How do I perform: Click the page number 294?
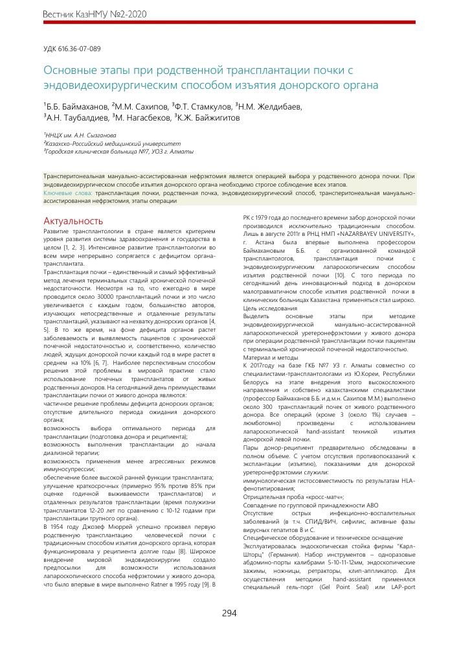tap(229, 613)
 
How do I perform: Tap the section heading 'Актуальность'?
tap(73, 221)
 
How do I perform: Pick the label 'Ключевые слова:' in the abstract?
tap(67, 192)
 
